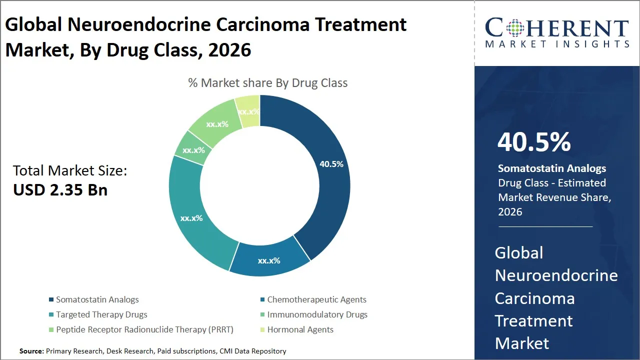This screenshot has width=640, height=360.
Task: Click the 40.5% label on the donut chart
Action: click(x=331, y=164)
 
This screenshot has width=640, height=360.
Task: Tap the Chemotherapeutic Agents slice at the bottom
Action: click(x=269, y=260)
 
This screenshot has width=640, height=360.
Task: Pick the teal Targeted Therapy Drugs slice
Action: click(x=191, y=218)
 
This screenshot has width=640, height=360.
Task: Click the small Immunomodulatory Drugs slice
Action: click(x=193, y=149)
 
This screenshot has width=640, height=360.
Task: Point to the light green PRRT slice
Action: click(x=217, y=123)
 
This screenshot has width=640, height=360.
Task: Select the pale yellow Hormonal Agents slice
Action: click(x=248, y=111)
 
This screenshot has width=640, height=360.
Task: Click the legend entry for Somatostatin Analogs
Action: click(x=97, y=299)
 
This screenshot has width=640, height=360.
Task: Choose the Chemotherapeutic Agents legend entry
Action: click(x=316, y=299)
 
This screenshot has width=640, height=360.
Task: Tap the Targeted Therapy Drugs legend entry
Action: click(x=101, y=314)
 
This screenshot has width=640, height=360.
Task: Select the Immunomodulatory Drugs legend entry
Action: click(x=317, y=314)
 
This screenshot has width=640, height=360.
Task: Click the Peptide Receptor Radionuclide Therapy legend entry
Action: click(x=144, y=329)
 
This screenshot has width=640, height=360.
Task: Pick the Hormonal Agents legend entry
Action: click(x=300, y=329)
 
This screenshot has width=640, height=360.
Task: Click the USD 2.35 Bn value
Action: click(x=60, y=190)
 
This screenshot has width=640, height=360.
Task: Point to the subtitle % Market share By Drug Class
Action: click(x=267, y=83)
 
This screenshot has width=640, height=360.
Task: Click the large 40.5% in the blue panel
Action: click(x=534, y=142)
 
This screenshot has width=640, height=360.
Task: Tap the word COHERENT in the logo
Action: click(x=556, y=28)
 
